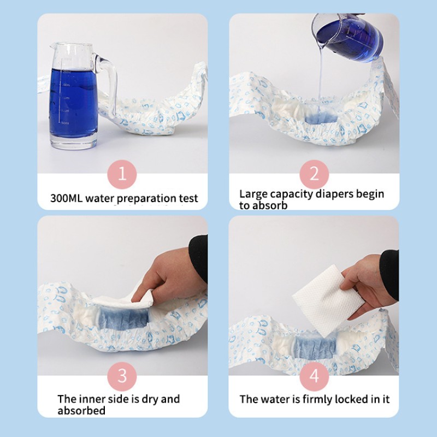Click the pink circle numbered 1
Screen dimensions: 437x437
[x=122, y=174]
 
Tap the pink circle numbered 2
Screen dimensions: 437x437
[x=314, y=174]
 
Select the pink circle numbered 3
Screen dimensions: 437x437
[x=122, y=376]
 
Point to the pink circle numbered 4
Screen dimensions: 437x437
[x=314, y=376]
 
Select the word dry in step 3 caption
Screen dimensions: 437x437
[x=157, y=399]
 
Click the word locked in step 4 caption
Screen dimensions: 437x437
[x=344, y=399]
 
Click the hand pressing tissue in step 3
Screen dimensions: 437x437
[x=175, y=273]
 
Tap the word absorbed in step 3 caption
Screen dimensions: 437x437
[x=81, y=410]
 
